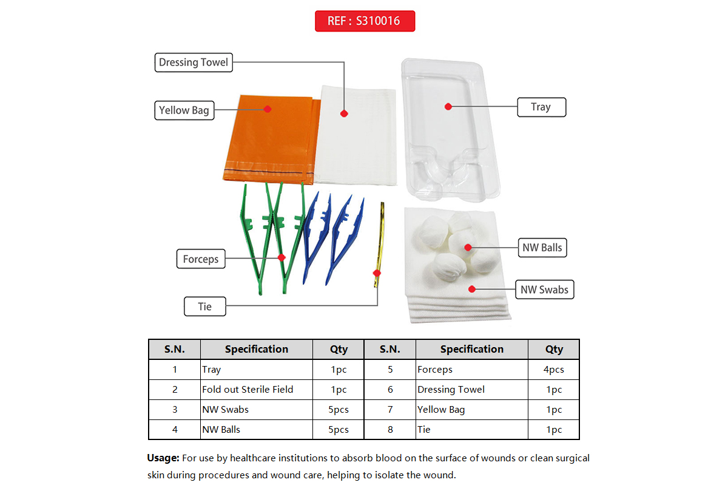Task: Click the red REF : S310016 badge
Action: click(x=365, y=21)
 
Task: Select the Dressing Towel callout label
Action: click(x=193, y=62)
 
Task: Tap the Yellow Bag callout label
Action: click(x=184, y=110)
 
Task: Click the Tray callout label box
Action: click(x=541, y=107)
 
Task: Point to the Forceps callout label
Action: click(x=200, y=259)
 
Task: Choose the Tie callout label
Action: click(x=205, y=307)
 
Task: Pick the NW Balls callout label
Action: click(x=542, y=247)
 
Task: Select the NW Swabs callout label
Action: click(x=544, y=290)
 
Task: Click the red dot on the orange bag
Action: click(x=267, y=109)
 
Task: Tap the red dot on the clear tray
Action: click(x=448, y=106)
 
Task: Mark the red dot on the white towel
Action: click(x=343, y=114)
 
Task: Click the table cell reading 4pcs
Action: click(x=554, y=370)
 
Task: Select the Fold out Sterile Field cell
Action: click(x=248, y=390)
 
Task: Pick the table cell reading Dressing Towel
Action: click(x=451, y=390)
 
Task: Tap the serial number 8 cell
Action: click(x=390, y=430)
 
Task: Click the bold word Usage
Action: click(x=163, y=458)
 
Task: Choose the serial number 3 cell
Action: click(x=175, y=410)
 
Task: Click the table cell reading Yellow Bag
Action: click(x=441, y=410)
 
